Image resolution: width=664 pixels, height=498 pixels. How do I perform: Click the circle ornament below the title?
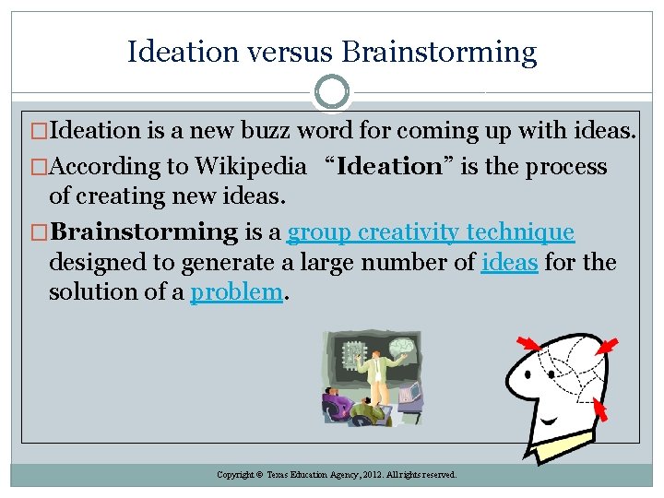[332, 92]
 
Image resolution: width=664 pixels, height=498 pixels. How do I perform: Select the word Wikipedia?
[249, 167]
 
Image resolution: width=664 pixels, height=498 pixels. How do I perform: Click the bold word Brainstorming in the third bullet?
[143, 232]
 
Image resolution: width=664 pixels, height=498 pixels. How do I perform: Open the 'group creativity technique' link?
[431, 232]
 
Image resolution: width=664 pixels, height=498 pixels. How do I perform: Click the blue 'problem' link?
[236, 291]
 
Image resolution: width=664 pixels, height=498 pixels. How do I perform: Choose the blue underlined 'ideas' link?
[509, 262]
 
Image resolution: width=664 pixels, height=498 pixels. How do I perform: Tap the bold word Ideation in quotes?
[390, 167]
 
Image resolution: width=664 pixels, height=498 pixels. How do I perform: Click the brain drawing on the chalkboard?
[401, 348]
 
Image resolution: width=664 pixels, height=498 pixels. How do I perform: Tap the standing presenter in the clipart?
[375, 378]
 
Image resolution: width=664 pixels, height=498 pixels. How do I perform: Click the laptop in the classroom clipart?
[410, 397]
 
